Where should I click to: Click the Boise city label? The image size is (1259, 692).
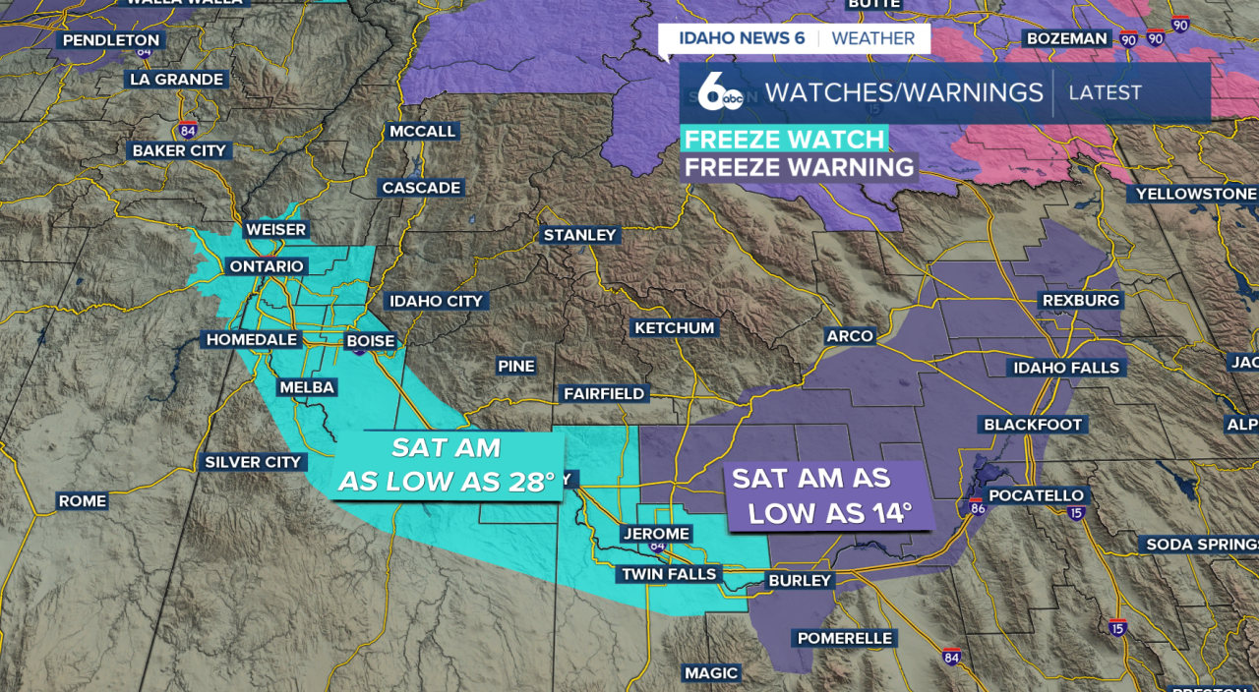click(371, 341)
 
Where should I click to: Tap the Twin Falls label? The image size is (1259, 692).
click(669, 574)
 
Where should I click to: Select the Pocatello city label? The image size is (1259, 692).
click(1036, 495)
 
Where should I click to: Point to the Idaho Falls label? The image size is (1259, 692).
click(1066, 368)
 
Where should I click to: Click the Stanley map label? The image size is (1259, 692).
click(580, 235)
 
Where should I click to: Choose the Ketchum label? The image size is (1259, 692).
click(675, 327)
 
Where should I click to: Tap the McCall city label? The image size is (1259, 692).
click(423, 131)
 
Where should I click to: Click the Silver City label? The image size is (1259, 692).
click(254, 462)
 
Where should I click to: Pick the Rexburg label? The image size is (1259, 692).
click(1081, 300)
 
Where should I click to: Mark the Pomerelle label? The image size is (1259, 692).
click(845, 638)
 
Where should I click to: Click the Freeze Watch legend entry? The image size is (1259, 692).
click(785, 139)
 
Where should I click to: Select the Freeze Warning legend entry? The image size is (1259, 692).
click(800, 167)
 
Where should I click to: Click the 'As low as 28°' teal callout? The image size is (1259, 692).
click(447, 465)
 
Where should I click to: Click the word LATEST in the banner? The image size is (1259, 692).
click(1105, 92)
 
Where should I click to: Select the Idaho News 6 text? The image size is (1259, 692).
click(742, 38)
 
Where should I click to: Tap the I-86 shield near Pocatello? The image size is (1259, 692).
click(977, 508)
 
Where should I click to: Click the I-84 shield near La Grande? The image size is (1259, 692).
click(187, 130)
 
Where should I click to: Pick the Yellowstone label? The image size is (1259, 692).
click(1196, 194)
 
